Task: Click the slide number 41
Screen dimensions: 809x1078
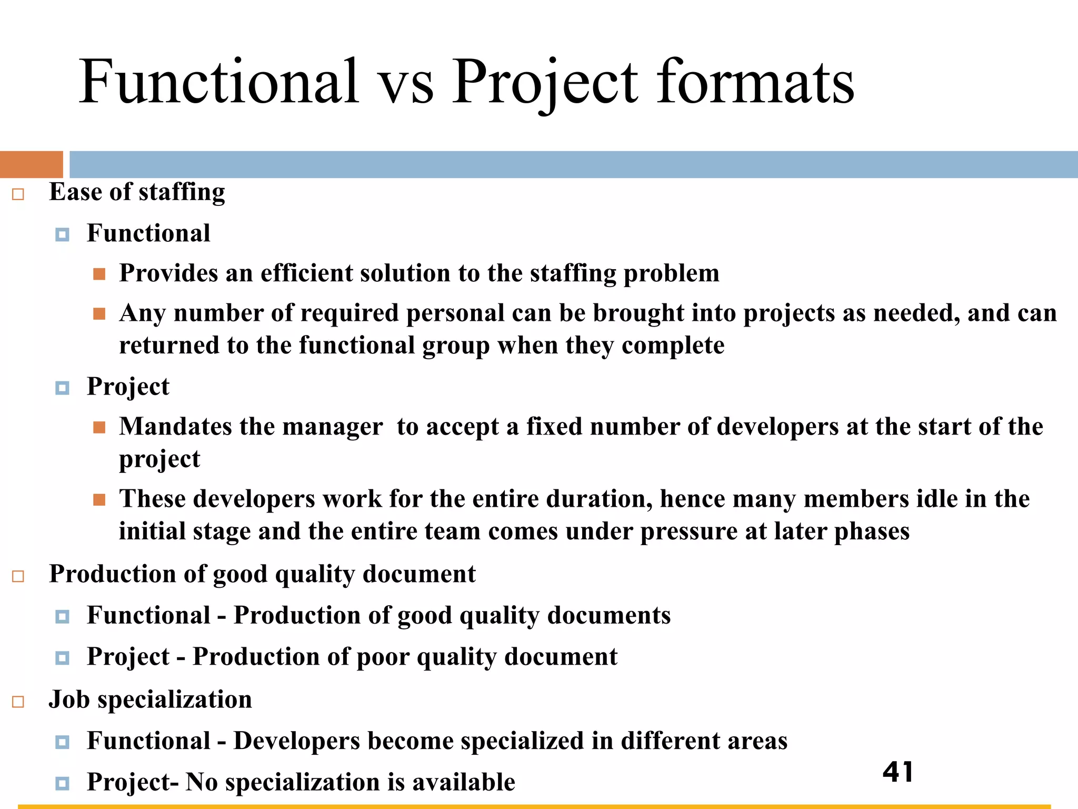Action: click(x=898, y=772)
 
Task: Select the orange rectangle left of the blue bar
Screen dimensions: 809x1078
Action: click(x=32, y=164)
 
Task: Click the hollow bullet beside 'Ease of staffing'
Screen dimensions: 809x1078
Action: click(x=18, y=194)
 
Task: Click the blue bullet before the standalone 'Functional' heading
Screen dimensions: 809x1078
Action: click(x=62, y=234)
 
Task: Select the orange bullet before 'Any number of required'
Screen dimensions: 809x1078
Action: click(x=99, y=314)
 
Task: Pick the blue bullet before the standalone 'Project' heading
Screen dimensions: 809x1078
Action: click(x=62, y=388)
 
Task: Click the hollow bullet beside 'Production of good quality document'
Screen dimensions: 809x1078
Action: click(x=18, y=576)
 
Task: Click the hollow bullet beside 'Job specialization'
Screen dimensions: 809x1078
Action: click(x=18, y=702)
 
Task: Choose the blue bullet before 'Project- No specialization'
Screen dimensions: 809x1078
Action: click(x=62, y=783)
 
